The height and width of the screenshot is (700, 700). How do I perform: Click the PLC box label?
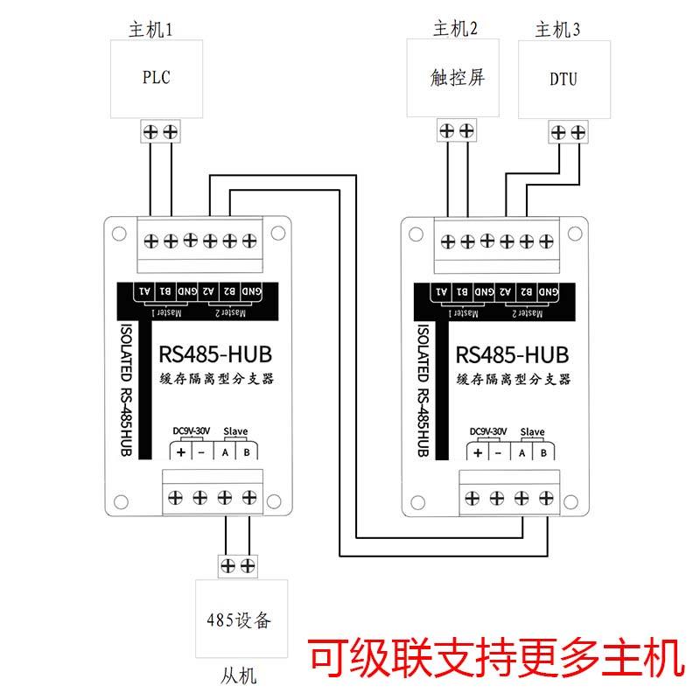point(157,77)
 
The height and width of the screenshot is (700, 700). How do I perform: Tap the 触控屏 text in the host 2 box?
point(458,77)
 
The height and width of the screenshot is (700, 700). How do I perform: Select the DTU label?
point(563,79)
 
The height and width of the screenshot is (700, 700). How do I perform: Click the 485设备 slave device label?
point(239,620)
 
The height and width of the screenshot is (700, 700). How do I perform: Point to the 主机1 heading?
point(150,30)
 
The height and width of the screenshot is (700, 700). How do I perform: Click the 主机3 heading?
point(557,30)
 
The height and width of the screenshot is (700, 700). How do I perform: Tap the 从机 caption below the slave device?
point(239,675)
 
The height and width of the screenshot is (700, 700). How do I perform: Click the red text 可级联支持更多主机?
point(495,658)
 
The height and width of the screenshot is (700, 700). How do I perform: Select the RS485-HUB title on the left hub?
point(215,354)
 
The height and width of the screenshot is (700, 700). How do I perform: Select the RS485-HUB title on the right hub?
point(512,355)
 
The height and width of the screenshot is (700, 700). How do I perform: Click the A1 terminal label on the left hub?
point(144,291)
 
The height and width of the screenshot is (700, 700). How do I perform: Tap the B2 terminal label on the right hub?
point(527,291)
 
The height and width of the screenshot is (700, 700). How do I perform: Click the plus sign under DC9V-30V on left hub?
point(181,452)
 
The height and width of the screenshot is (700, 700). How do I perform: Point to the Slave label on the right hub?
point(532,431)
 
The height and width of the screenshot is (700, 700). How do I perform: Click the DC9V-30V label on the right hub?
point(488,431)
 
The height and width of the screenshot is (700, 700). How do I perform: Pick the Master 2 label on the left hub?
point(230,312)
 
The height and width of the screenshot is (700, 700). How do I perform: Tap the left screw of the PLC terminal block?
point(150,132)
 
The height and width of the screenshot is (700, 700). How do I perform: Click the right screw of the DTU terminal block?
point(578,132)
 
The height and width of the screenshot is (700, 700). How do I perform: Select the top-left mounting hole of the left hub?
point(119,234)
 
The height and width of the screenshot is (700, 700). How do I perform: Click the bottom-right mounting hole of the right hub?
point(571,502)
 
